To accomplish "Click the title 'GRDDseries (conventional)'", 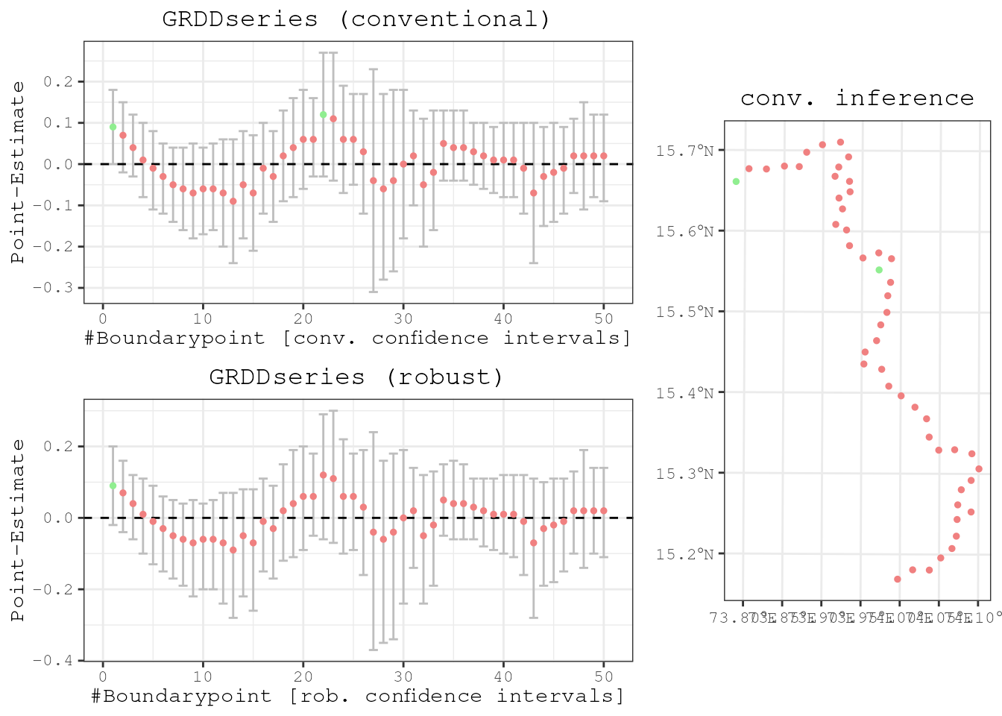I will click(356, 19).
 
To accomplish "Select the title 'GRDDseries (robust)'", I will click(356, 377).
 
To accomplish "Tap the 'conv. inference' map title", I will click(857, 98).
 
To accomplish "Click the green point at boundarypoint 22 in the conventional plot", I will click(323, 115).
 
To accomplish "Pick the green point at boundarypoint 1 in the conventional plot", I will click(113, 127).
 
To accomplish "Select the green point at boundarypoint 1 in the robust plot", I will click(113, 486).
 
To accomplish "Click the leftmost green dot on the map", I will click(736, 181).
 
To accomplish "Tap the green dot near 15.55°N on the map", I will click(879, 270).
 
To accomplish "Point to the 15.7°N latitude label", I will click(684, 151).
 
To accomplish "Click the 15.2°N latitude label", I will click(684, 554).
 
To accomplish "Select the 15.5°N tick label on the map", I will click(684, 312).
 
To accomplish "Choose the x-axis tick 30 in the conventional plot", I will click(403, 318).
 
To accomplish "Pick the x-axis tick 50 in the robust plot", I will click(604, 676).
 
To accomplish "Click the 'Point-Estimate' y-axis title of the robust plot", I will click(18, 530).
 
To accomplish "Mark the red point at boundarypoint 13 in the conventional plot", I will click(233, 201).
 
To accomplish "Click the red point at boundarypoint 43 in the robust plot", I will click(533, 543).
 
